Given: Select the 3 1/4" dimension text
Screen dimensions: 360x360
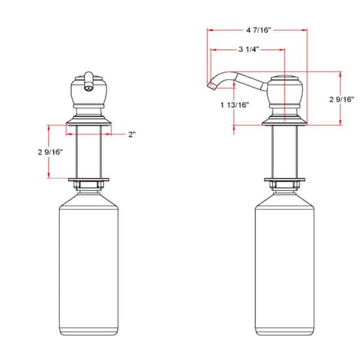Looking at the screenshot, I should click(247, 50).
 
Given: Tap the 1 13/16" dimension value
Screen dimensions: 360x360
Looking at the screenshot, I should click(235, 105).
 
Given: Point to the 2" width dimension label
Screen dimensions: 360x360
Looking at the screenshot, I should click(131, 134).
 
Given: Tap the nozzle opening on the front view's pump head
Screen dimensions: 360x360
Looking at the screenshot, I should click(88, 87).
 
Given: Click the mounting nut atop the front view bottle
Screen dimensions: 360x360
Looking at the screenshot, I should click(88, 184).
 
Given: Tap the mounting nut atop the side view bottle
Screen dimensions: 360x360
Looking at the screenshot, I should click(286, 184).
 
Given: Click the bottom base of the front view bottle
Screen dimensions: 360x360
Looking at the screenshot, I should click(88, 331).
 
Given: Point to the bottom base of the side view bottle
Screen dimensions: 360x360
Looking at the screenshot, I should click(286, 331).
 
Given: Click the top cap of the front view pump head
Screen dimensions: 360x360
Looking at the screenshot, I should click(88, 76).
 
